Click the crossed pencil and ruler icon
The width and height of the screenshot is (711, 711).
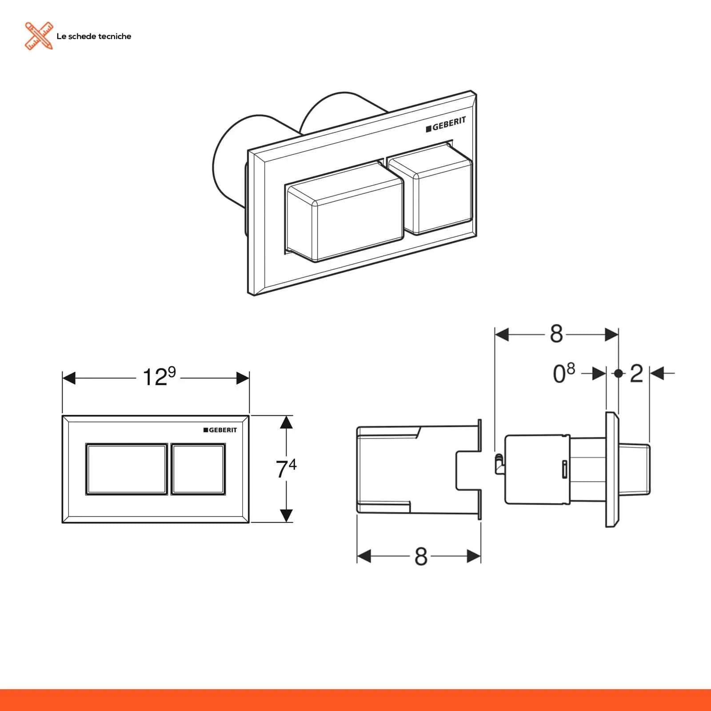(x=39, y=36)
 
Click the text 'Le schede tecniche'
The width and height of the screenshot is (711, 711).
(x=94, y=36)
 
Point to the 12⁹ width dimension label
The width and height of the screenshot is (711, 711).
(x=159, y=377)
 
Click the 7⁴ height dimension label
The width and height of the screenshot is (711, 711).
(x=286, y=469)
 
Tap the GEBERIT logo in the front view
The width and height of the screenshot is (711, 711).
(x=220, y=430)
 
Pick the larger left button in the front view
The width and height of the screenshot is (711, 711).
(x=127, y=469)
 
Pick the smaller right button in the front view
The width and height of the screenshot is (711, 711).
(x=198, y=469)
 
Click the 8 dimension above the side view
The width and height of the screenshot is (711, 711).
(x=556, y=334)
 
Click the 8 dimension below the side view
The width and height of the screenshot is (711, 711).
(x=421, y=556)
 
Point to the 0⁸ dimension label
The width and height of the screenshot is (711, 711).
(x=564, y=373)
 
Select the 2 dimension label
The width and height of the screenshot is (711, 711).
(x=636, y=374)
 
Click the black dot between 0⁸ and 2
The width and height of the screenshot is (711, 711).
(x=618, y=373)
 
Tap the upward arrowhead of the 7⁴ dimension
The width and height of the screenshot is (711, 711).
(x=287, y=422)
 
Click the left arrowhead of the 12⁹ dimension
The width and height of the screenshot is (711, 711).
(x=69, y=379)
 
